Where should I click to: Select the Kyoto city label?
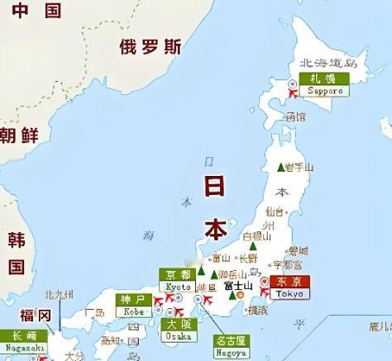click(178, 280)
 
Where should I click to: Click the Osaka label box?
click(180, 330)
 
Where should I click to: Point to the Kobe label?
click(131, 305)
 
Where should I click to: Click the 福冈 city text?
click(36, 316)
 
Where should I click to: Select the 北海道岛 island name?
click(328, 61)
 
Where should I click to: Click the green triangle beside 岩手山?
click(280, 167)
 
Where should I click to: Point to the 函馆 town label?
click(294, 117)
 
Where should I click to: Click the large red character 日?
click(216, 184)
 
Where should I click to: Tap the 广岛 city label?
click(94, 313)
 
